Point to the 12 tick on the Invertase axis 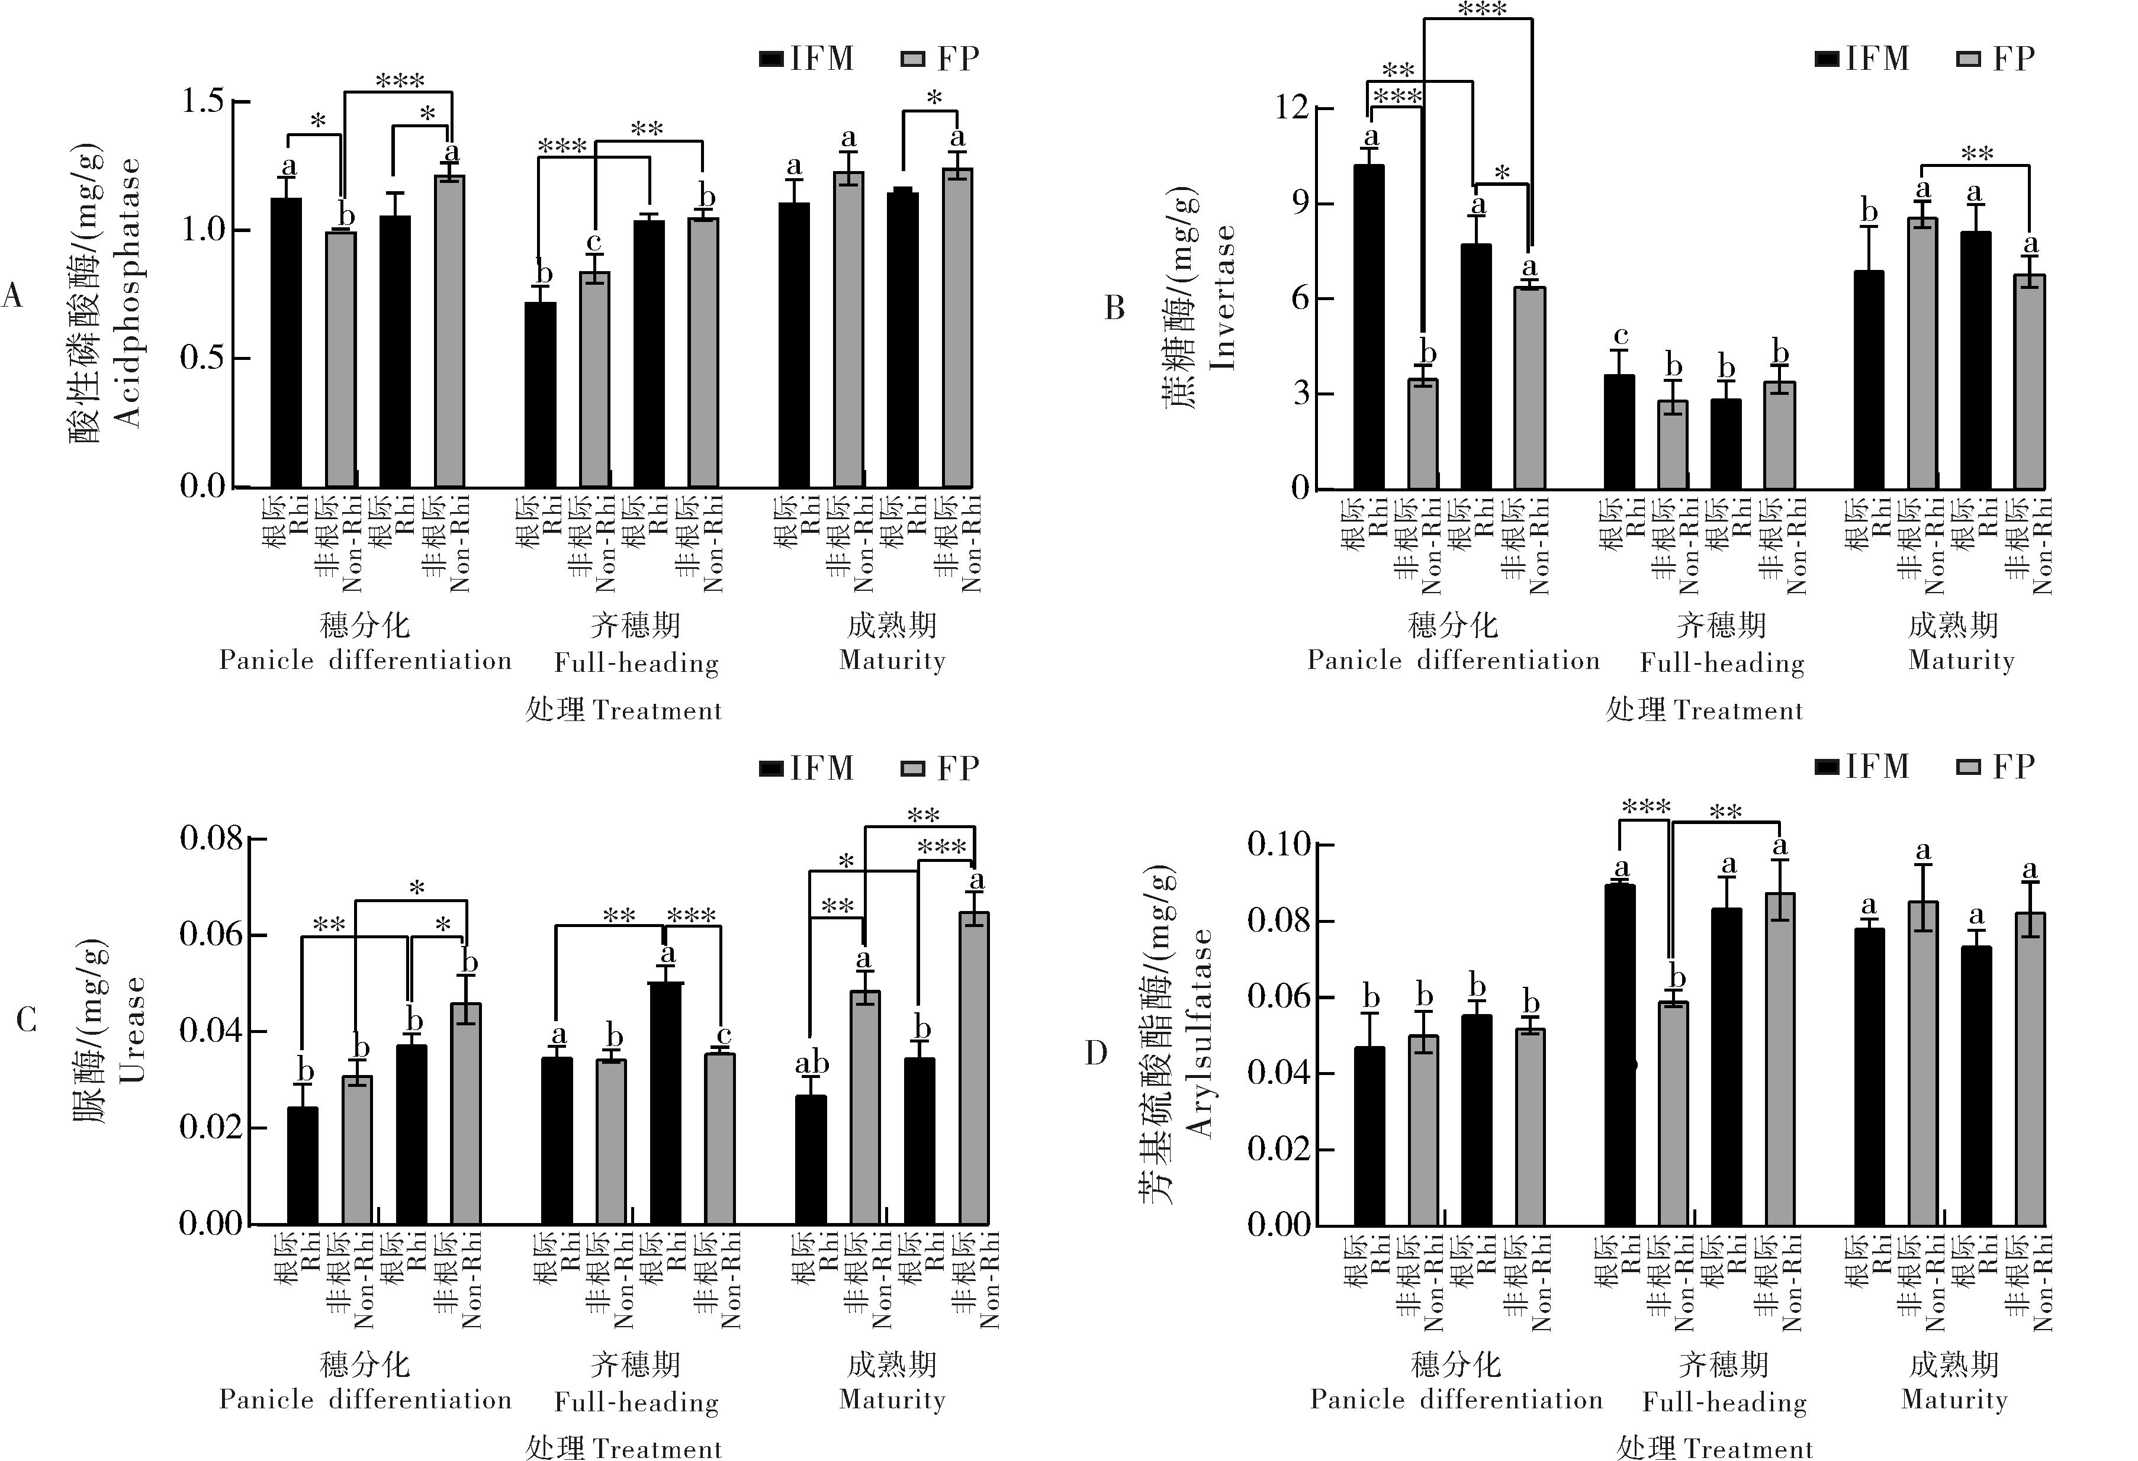point(1293,108)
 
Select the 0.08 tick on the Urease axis point(211,838)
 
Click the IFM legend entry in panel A point(808,59)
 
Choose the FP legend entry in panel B point(1997,59)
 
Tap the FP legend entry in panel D point(1997,767)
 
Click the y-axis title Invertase point(1221,297)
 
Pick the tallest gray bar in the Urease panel point(973,1067)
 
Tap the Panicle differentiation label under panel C point(365,1399)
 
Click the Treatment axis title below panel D point(1714,1448)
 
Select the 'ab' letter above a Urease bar point(811,1064)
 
